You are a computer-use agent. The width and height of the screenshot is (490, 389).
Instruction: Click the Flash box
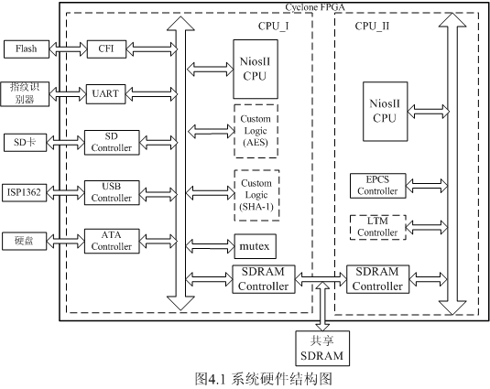click(27, 49)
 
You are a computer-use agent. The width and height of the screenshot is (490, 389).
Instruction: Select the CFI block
click(106, 49)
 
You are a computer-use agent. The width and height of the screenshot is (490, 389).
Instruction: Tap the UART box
click(105, 94)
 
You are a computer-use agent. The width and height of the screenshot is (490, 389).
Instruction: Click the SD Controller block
click(112, 143)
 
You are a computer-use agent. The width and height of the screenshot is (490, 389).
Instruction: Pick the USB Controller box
click(112, 192)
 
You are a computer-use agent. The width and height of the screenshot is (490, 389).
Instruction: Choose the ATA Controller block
click(112, 241)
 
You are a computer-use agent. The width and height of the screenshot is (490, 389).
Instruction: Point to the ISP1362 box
click(25, 192)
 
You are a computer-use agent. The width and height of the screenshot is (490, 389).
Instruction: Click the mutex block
click(255, 246)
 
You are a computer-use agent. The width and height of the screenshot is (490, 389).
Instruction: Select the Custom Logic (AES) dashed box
click(256, 131)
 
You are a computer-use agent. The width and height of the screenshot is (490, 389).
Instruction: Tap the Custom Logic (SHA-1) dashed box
click(256, 196)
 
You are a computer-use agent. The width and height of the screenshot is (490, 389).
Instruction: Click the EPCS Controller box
click(378, 186)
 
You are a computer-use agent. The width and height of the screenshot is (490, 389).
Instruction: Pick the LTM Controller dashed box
click(378, 227)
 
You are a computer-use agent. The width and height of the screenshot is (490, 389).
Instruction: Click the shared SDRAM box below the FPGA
click(322, 349)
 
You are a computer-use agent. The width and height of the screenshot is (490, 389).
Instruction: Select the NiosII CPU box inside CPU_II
click(385, 112)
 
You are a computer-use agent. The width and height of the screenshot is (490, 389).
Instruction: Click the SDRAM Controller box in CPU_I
click(264, 279)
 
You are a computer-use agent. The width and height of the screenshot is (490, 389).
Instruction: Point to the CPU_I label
click(274, 27)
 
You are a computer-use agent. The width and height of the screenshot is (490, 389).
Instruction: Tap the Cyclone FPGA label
click(315, 7)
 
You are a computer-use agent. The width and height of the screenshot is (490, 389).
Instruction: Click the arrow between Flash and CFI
click(68, 49)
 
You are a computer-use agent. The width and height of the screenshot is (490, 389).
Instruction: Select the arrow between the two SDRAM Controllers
click(321, 279)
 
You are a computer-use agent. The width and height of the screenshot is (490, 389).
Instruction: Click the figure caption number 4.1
click(216, 379)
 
